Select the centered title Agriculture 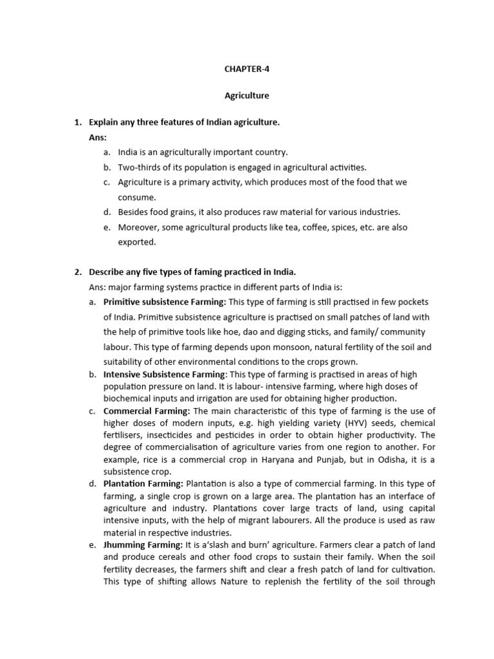pyautogui.click(x=247, y=96)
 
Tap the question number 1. pyautogui.click(x=77, y=122)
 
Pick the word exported pyautogui.click(x=136, y=242)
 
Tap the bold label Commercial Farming pyautogui.click(x=146, y=411)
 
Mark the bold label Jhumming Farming pyautogui.click(x=143, y=544)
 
